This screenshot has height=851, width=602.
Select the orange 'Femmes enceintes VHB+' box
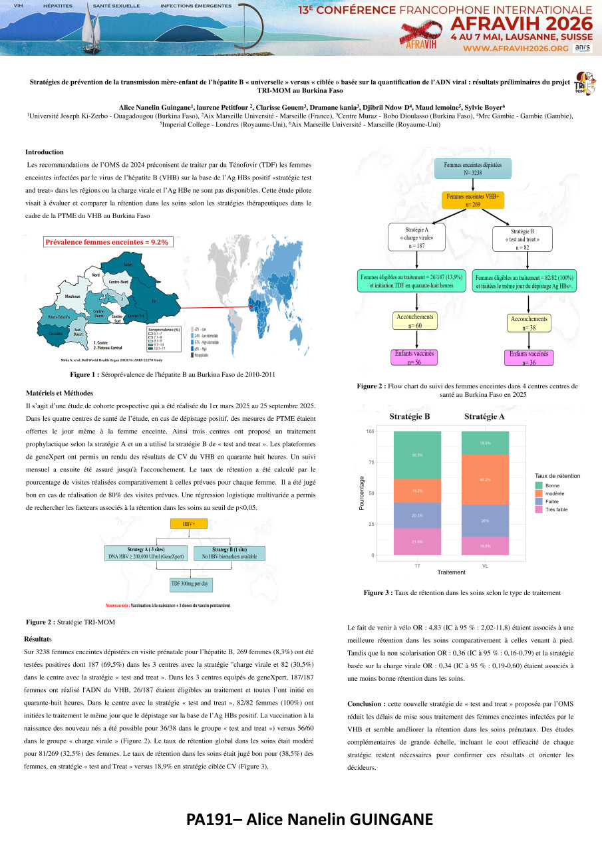coord(474,200)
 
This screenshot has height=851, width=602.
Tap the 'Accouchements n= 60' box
coord(415,321)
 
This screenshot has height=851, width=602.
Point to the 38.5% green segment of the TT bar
coord(417,455)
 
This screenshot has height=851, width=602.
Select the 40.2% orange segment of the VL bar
coord(485,479)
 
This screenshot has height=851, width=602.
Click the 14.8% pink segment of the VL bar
coord(485,546)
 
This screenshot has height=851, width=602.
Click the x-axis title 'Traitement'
coord(451,572)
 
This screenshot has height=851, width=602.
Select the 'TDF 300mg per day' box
coord(190,583)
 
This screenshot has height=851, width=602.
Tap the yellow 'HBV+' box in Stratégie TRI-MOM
coord(190,523)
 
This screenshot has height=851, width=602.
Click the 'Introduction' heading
coord(45,152)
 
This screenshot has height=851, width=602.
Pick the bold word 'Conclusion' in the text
coord(365,703)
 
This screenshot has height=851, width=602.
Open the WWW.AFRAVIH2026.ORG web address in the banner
coord(516,49)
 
